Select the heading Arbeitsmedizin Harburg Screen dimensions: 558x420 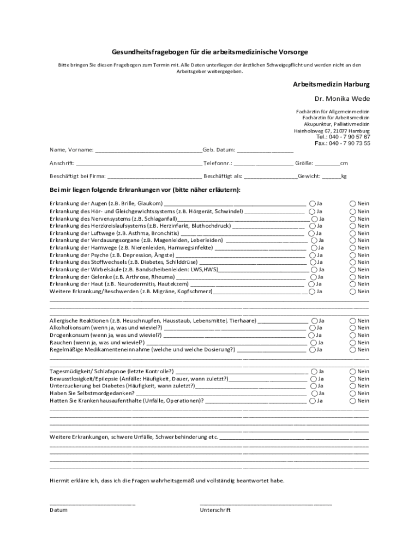332,85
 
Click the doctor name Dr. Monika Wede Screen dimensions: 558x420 341,99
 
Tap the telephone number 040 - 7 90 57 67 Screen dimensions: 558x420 351,137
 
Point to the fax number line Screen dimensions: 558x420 342,144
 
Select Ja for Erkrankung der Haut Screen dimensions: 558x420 311,284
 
